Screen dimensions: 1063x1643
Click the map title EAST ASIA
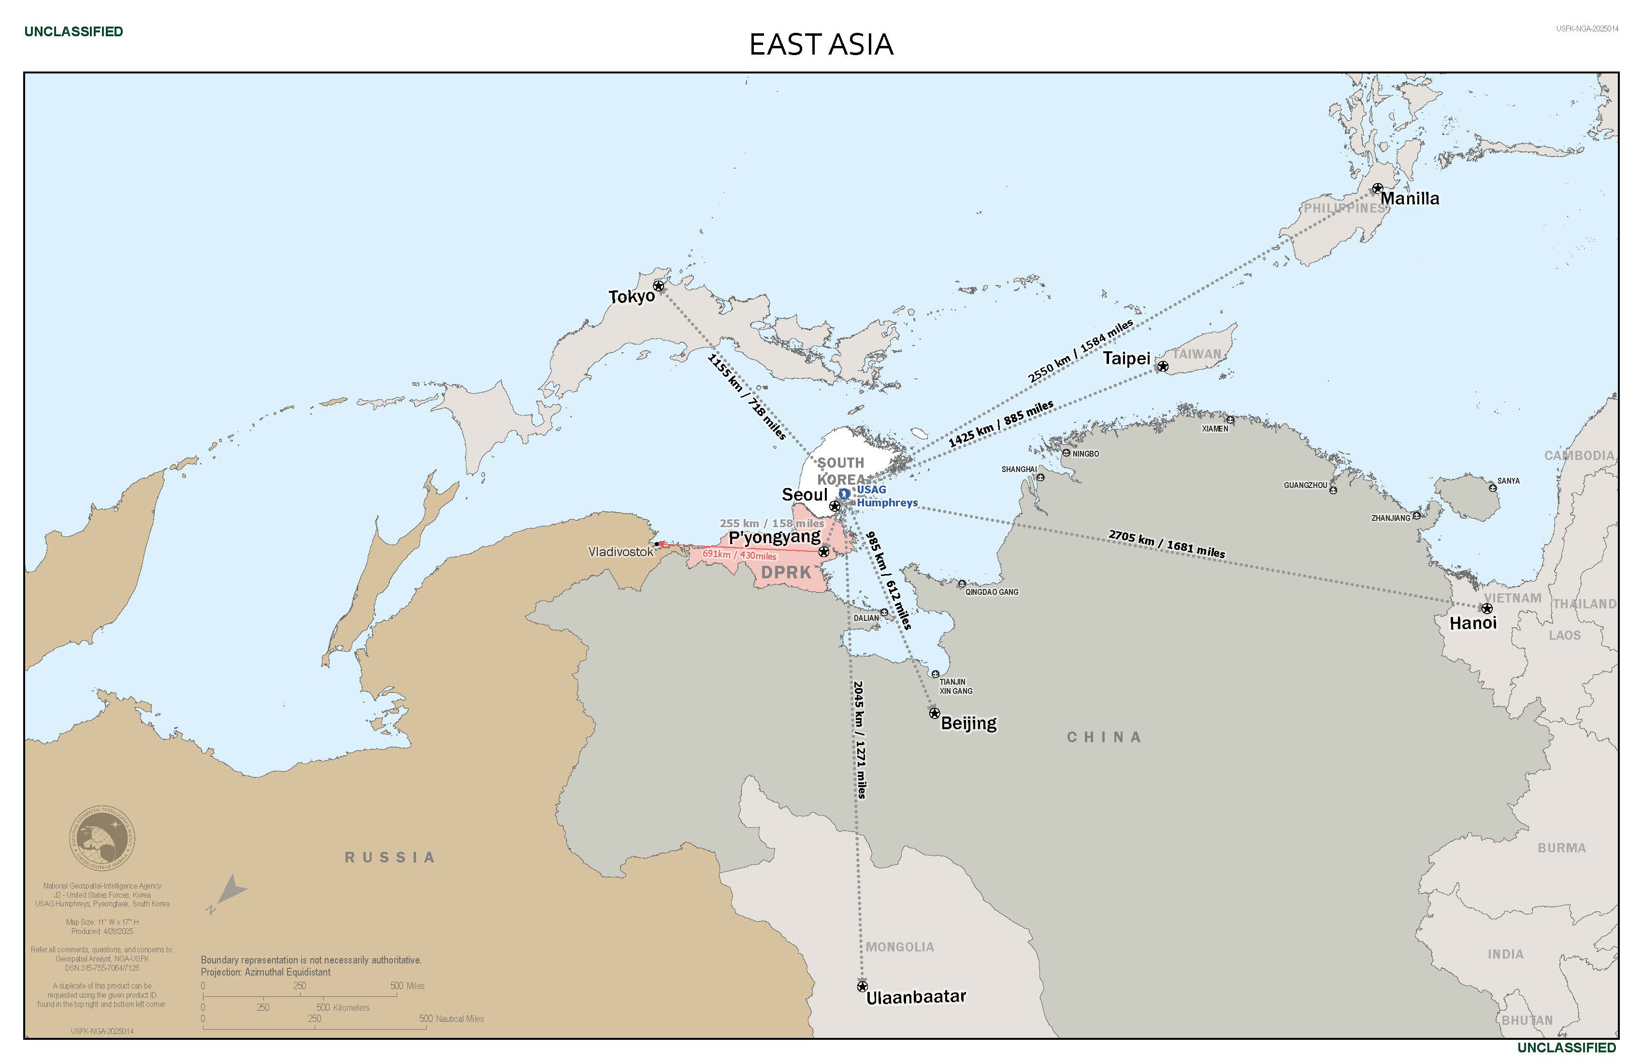[x=821, y=44]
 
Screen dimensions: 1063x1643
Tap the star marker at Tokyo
[x=658, y=286]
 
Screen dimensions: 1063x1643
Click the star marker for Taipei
[x=1163, y=367]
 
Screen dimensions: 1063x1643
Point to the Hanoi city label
[x=1472, y=623]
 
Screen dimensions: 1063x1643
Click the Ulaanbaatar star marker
[x=862, y=986]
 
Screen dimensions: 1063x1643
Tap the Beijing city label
[x=968, y=723]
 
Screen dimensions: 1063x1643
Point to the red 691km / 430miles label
[x=739, y=555]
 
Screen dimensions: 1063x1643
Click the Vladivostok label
[x=620, y=551]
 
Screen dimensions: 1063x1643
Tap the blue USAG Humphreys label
[x=886, y=496]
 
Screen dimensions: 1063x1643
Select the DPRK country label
[x=786, y=572]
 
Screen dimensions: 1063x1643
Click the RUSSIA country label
[x=390, y=857]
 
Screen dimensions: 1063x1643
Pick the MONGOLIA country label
[x=899, y=947]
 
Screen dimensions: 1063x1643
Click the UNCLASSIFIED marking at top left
[x=73, y=32]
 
